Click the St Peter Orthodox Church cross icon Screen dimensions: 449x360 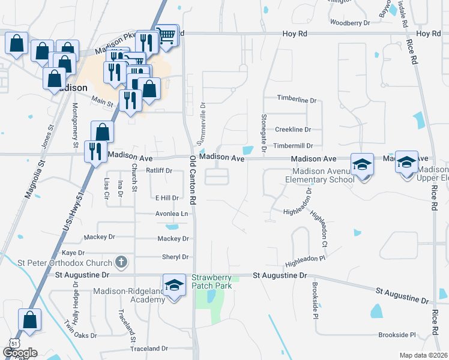(x=121, y=263)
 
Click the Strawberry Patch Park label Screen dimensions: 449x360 (x=211, y=281)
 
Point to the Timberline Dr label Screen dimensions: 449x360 (x=296, y=99)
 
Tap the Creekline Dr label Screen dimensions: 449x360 (x=293, y=130)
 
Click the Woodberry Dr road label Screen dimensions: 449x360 (x=350, y=23)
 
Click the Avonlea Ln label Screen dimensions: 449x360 (x=172, y=214)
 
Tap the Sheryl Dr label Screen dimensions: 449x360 (x=175, y=257)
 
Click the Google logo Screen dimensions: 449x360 (x=20, y=353)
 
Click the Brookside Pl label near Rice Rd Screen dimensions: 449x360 (x=397, y=335)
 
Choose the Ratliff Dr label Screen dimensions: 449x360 (x=159, y=170)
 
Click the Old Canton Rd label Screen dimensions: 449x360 (x=194, y=179)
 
